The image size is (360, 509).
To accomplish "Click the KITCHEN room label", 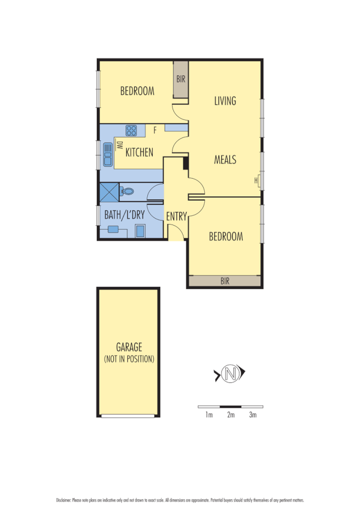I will pyautogui.click(x=139, y=152).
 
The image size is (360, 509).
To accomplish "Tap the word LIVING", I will pyautogui.click(x=225, y=101).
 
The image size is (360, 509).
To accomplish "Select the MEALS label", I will pyautogui.click(x=225, y=159).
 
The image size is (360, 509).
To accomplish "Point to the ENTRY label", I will pyautogui.click(x=176, y=215).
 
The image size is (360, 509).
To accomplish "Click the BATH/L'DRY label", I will pyautogui.click(x=124, y=215).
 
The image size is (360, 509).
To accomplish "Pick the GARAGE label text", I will pyautogui.click(x=129, y=347).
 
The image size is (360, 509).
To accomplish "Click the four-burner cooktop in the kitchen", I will pyautogui.click(x=131, y=131).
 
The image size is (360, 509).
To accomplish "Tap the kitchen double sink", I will pyautogui.click(x=107, y=154).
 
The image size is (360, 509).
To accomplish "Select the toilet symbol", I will pyautogui.click(x=127, y=192).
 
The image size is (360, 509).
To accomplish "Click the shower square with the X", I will pyautogui.click(x=109, y=192).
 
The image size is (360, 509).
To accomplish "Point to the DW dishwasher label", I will pyautogui.click(x=119, y=145).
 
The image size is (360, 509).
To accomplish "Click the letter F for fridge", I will pyautogui.click(x=155, y=131).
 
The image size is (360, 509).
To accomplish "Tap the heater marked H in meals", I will pyautogui.click(x=256, y=180).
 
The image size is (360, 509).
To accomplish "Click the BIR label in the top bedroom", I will pyautogui.click(x=181, y=80).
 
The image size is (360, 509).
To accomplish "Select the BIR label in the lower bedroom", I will pyautogui.click(x=225, y=281).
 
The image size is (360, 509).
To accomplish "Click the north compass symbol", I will pyautogui.click(x=229, y=374).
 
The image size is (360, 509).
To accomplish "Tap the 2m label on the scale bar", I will pyautogui.click(x=230, y=415).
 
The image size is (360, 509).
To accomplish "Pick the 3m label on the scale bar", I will pyautogui.click(x=252, y=415).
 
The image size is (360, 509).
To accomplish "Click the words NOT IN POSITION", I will pyautogui.click(x=129, y=359).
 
